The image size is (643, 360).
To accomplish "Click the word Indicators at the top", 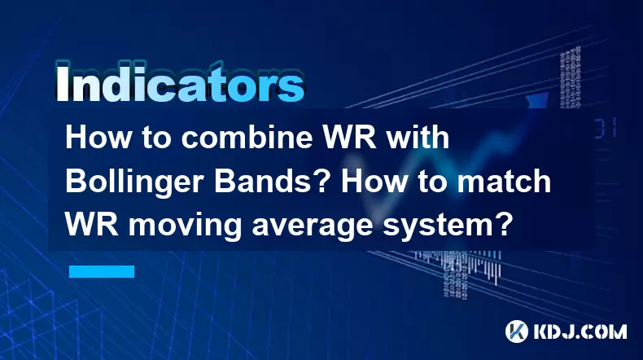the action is (x=180, y=82).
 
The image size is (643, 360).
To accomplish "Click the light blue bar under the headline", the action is (x=102, y=271).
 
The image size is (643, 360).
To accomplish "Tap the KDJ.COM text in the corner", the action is (x=580, y=331).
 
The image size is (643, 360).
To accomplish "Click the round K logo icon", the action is (x=517, y=331).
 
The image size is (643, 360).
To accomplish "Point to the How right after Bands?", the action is (x=374, y=182).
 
